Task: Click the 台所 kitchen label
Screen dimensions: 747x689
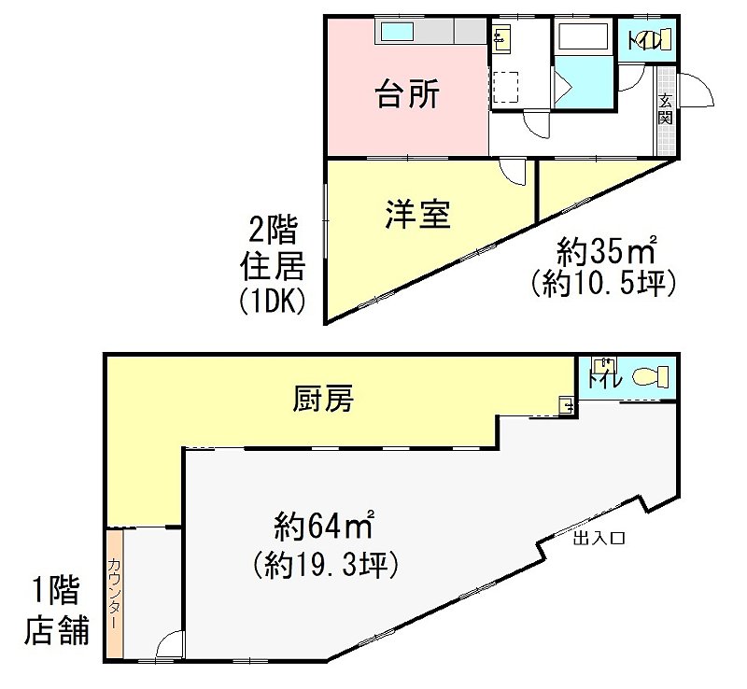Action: [x=407, y=93]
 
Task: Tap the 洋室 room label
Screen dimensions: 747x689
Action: [x=417, y=215]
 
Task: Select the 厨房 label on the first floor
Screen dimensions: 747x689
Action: [x=323, y=399]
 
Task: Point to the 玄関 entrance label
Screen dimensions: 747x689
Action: [x=666, y=109]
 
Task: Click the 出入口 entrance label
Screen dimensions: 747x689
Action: [x=599, y=539]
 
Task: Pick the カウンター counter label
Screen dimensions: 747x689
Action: [x=114, y=594]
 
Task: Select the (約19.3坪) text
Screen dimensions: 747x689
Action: [x=325, y=565]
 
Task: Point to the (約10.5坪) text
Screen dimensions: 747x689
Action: [x=603, y=284]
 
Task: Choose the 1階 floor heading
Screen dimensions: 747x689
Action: [x=56, y=590]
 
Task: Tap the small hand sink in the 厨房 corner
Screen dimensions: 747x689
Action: [x=567, y=405]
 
